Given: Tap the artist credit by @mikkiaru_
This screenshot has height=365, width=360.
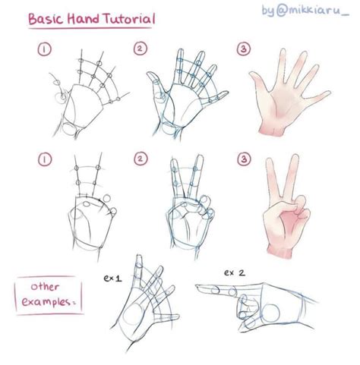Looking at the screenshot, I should (308, 10).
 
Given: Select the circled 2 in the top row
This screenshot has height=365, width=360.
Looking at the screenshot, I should (141, 49).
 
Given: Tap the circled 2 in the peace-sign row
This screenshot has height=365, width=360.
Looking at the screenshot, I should (141, 160).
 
